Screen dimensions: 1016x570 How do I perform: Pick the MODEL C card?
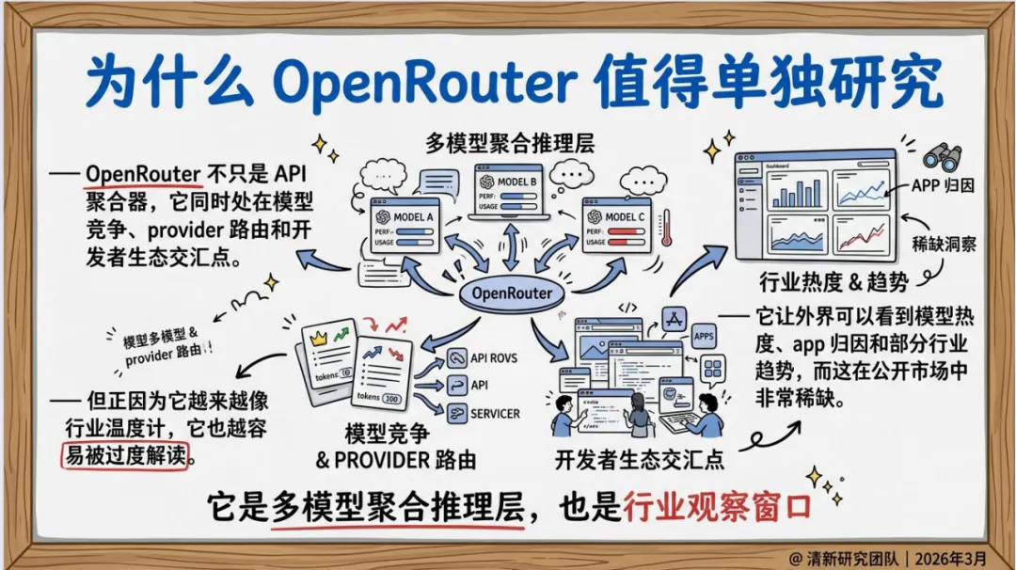click(617, 227)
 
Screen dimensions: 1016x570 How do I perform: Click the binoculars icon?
click(940, 156)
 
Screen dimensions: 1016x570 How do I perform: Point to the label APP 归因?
click(942, 185)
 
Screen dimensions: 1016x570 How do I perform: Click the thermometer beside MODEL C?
click(667, 227)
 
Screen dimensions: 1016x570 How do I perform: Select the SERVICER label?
click(495, 413)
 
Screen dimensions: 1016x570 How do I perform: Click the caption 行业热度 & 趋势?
click(825, 281)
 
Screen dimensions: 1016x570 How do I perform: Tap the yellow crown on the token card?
click(317, 336)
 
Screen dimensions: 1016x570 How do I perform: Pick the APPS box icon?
click(704, 336)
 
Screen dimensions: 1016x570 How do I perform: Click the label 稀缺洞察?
click(944, 245)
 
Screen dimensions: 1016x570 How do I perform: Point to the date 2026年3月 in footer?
click(965, 554)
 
